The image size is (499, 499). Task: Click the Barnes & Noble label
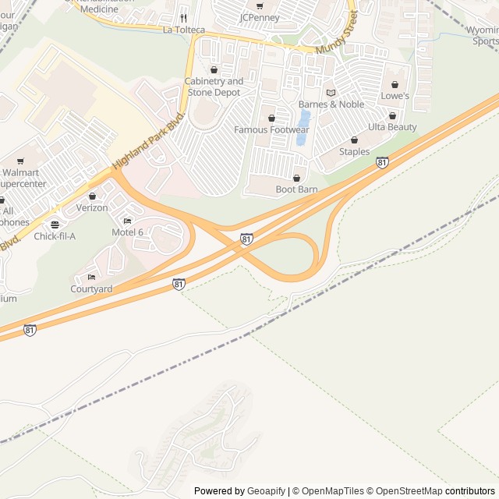point(331,104)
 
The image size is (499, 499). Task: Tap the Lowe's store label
point(395,96)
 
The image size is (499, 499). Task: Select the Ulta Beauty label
point(392,127)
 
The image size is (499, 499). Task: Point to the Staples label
point(354,151)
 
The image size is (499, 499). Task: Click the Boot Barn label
point(296,189)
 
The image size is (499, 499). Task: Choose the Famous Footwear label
point(271,129)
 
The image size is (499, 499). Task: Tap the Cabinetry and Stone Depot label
point(213,87)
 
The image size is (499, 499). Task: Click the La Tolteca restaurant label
point(183,30)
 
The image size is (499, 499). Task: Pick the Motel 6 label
point(127,232)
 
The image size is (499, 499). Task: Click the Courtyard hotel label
point(91,288)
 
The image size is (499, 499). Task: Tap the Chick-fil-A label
point(55,236)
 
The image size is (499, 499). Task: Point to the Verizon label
point(92,208)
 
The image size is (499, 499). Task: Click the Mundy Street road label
point(337,34)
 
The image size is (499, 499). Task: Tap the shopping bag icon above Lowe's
point(395,84)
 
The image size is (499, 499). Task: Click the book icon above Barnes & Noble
point(331,93)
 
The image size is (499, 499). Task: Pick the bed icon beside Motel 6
point(127,221)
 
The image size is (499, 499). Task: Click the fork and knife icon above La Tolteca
point(183,18)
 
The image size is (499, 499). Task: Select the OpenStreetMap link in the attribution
point(405,491)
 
